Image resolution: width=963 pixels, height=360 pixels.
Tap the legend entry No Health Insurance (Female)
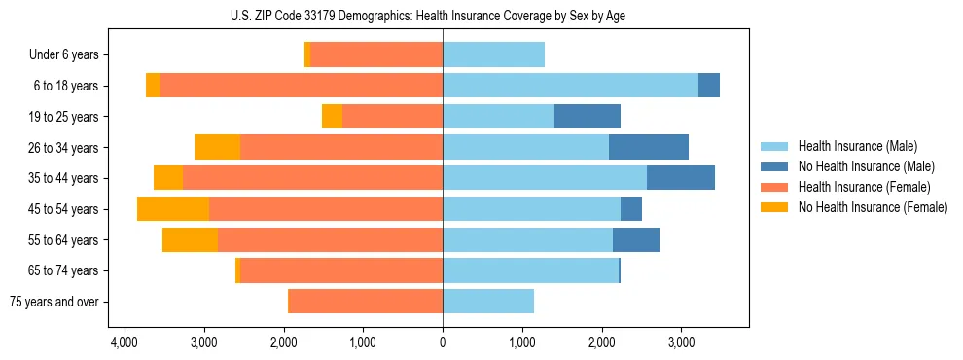(873, 207)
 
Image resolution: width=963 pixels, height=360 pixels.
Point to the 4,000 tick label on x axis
(124, 342)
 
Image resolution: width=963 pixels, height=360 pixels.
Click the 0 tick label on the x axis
(443, 342)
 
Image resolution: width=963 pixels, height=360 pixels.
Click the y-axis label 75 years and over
(54, 302)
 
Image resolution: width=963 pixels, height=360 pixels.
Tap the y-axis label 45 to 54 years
(64, 209)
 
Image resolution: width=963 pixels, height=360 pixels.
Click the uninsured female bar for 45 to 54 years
(173, 209)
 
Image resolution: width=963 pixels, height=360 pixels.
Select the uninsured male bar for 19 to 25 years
(588, 117)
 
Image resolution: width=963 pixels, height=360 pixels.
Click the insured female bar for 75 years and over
(366, 302)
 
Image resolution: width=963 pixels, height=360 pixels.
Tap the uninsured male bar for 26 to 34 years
(649, 148)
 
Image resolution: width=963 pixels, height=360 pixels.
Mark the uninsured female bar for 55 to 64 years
(190, 240)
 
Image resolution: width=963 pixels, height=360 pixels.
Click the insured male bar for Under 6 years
(493, 55)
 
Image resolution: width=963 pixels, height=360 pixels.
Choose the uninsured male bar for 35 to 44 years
(681, 178)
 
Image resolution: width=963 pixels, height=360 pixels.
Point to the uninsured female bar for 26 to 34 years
(217, 148)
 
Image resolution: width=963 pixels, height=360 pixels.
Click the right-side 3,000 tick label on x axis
(681, 342)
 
